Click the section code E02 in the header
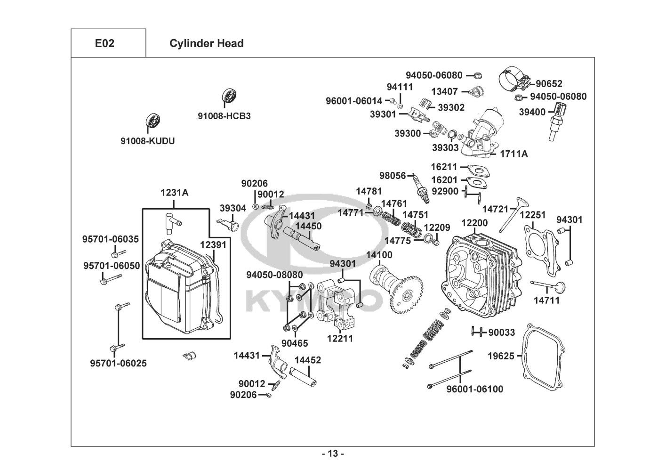pyautogui.click(x=104, y=43)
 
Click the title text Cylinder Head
pyautogui.click(x=206, y=43)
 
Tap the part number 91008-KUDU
pyautogui.click(x=147, y=141)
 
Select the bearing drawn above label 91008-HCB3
pyautogui.click(x=230, y=96)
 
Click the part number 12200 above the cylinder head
pyautogui.click(x=474, y=223)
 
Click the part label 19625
pyautogui.click(x=501, y=356)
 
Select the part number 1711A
pyautogui.click(x=514, y=154)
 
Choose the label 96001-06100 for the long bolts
pyautogui.click(x=474, y=389)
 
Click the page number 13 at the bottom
pyautogui.click(x=333, y=454)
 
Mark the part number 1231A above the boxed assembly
pyautogui.click(x=174, y=192)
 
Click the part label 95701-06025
pyautogui.click(x=118, y=363)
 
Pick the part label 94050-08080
pyautogui.click(x=275, y=275)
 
